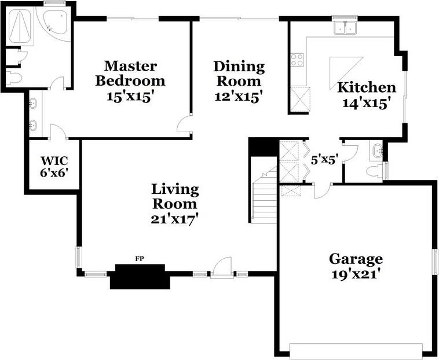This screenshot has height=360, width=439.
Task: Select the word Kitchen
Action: point(367,87)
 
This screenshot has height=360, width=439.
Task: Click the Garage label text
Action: point(356,258)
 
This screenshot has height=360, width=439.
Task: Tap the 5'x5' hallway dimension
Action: point(324,160)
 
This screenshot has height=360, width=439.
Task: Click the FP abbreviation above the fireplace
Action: point(139,258)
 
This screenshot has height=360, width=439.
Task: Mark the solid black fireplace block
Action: point(139,277)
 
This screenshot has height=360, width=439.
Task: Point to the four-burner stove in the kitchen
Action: point(297,59)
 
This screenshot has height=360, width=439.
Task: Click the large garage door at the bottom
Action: point(356,351)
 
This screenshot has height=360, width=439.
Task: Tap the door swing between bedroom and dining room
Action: point(185,124)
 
